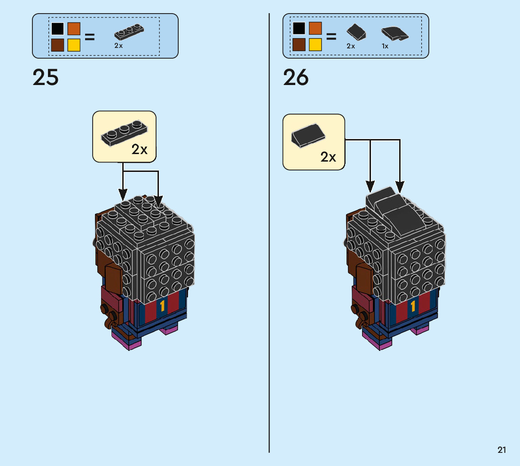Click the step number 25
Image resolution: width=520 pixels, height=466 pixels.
click(x=46, y=78)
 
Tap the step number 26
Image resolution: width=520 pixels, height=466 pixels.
click(x=296, y=78)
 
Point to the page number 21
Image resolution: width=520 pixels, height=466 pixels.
click(x=502, y=450)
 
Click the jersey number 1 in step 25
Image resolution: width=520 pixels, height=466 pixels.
click(x=163, y=306)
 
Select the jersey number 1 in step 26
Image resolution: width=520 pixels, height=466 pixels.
click(x=413, y=307)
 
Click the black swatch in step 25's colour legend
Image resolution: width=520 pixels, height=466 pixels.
click(x=58, y=29)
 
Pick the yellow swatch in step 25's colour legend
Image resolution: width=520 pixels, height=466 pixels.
click(x=74, y=45)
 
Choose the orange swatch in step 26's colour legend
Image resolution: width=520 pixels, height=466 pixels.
click(x=315, y=29)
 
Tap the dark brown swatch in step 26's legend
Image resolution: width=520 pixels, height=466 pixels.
click(x=299, y=45)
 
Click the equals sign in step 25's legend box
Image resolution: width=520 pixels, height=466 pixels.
click(x=90, y=37)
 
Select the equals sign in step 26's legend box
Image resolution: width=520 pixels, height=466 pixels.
click(x=331, y=37)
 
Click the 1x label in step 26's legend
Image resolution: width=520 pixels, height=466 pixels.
click(x=385, y=46)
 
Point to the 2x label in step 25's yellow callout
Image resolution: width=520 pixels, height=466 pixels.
click(x=140, y=150)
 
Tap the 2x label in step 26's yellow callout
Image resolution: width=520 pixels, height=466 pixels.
click(x=328, y=157)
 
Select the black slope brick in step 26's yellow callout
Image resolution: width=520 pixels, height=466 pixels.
click(x=309, y=135)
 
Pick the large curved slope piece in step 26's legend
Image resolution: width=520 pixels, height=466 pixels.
click(x=394, y=34)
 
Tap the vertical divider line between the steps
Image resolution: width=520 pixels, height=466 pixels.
click(x=269, y=235)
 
